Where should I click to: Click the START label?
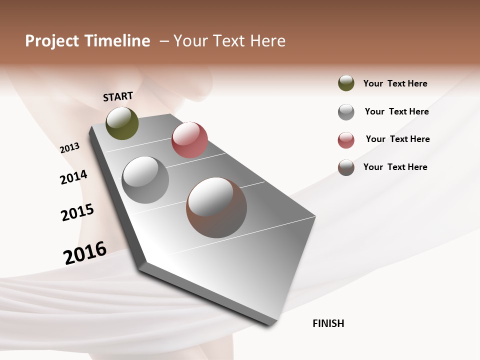(x=118, y=96)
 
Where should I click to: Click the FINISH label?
(x=328, y=323)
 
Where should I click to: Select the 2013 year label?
(x=69, y=148)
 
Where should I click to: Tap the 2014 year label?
(x=73, y=177)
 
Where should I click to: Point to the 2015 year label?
(x=77, y=212)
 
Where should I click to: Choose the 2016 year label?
(x=85, y=252)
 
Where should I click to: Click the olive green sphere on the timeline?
(x=122, y=123)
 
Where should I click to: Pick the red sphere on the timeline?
(x=189, y=140)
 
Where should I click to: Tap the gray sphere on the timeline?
(x=145, y=180)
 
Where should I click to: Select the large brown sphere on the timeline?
(x=216, y=207)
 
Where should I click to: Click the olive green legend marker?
(x=346, y=83)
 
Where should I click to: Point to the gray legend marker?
(x=346, y=112)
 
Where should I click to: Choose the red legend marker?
(x=346, y=140)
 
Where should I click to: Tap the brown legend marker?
(x=346, y=167)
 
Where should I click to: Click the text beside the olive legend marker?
(x=395, y=83)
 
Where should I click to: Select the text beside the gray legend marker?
(x=396, y=111)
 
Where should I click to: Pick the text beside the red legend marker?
(x=397, y=139)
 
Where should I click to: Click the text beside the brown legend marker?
(x=395, y=167)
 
